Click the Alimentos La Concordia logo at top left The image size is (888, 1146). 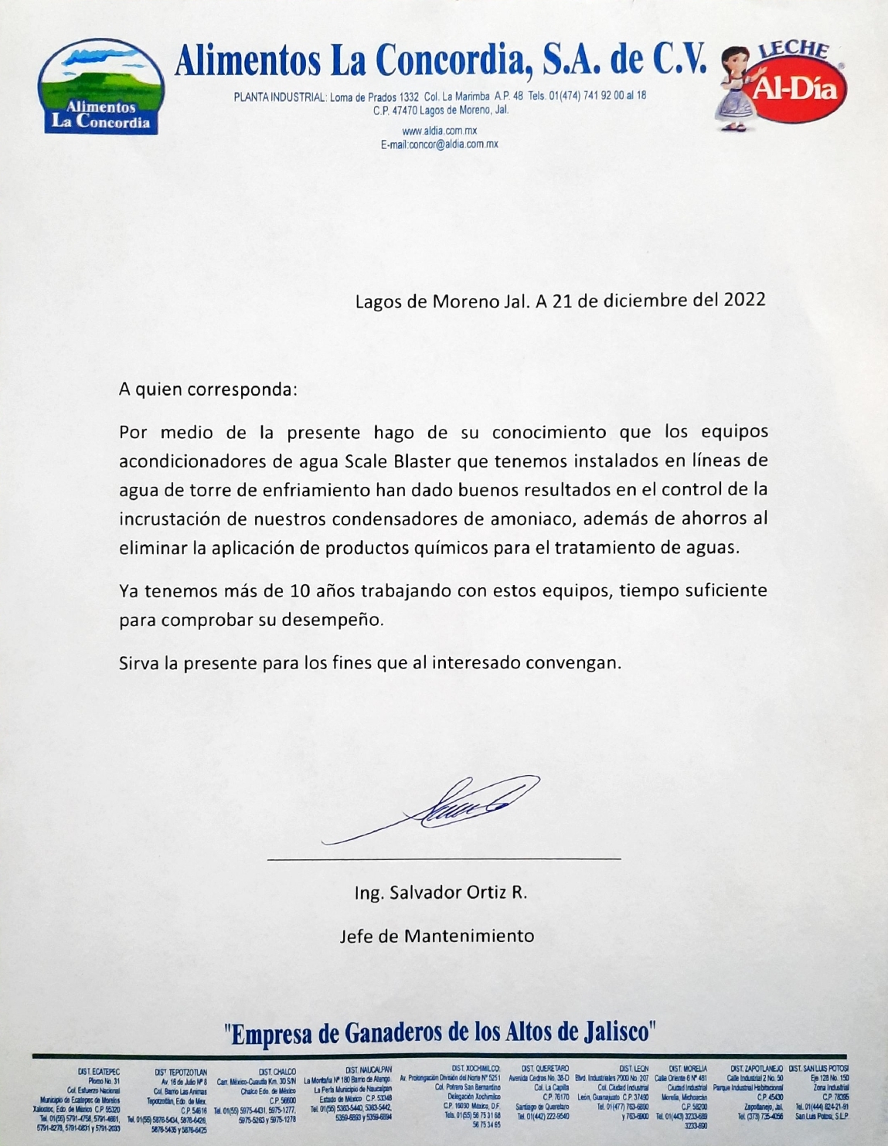[100, 87]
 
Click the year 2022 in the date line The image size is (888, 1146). [744, 300]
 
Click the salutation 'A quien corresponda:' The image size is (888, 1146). [208, 389]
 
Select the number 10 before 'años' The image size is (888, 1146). [301, 591]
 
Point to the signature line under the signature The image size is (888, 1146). [444, 859]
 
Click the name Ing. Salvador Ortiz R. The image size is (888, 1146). [441, 893]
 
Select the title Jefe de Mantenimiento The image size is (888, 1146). [437, 936]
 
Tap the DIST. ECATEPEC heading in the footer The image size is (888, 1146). [98, 1072]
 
